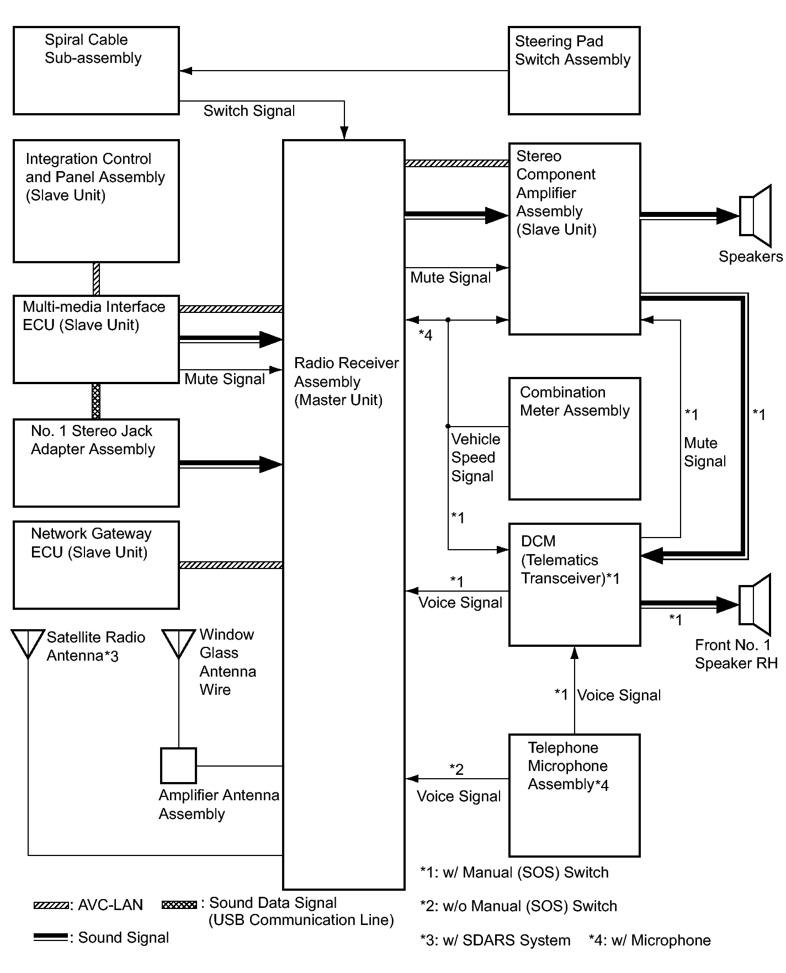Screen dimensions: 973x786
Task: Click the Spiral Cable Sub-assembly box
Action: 96,71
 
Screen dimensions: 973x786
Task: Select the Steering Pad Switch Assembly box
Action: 574,71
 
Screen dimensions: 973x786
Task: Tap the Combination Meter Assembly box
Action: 574,439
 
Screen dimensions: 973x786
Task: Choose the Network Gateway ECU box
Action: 96,565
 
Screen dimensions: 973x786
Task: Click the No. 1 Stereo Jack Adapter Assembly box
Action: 96,463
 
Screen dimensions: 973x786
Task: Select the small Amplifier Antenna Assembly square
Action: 178,765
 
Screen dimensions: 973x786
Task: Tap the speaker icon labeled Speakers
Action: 755,216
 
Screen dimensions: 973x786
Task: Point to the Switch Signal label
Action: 249,111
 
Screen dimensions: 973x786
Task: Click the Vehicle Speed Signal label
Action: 475,458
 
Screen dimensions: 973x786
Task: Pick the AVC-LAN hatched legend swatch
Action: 51,905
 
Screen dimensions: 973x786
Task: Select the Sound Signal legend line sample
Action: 51,937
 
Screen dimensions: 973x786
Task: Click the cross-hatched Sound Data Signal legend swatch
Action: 179,905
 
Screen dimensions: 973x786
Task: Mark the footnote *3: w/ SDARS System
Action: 495,940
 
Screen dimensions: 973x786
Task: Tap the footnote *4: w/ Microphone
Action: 650,940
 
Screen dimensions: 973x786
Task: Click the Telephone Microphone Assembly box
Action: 574,795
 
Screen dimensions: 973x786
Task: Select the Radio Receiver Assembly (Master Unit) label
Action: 346,381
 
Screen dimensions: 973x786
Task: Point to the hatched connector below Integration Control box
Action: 97,279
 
